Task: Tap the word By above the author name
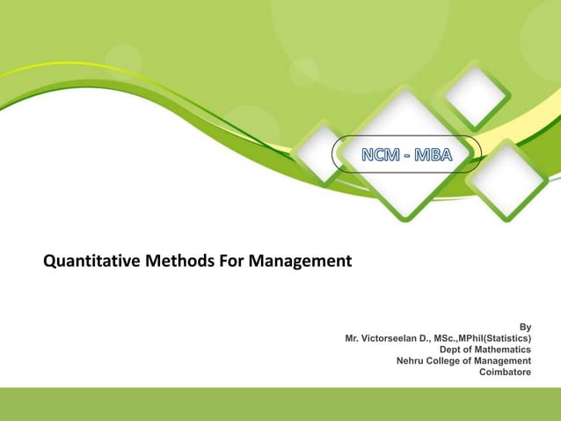(x=525, y=326)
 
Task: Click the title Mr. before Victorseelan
(x=353, y=337)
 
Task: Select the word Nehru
(x=412, y=360)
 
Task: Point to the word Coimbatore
(x=505, y=372)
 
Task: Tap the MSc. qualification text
(x=444, y=337)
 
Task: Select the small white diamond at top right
(x=476, y=92)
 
